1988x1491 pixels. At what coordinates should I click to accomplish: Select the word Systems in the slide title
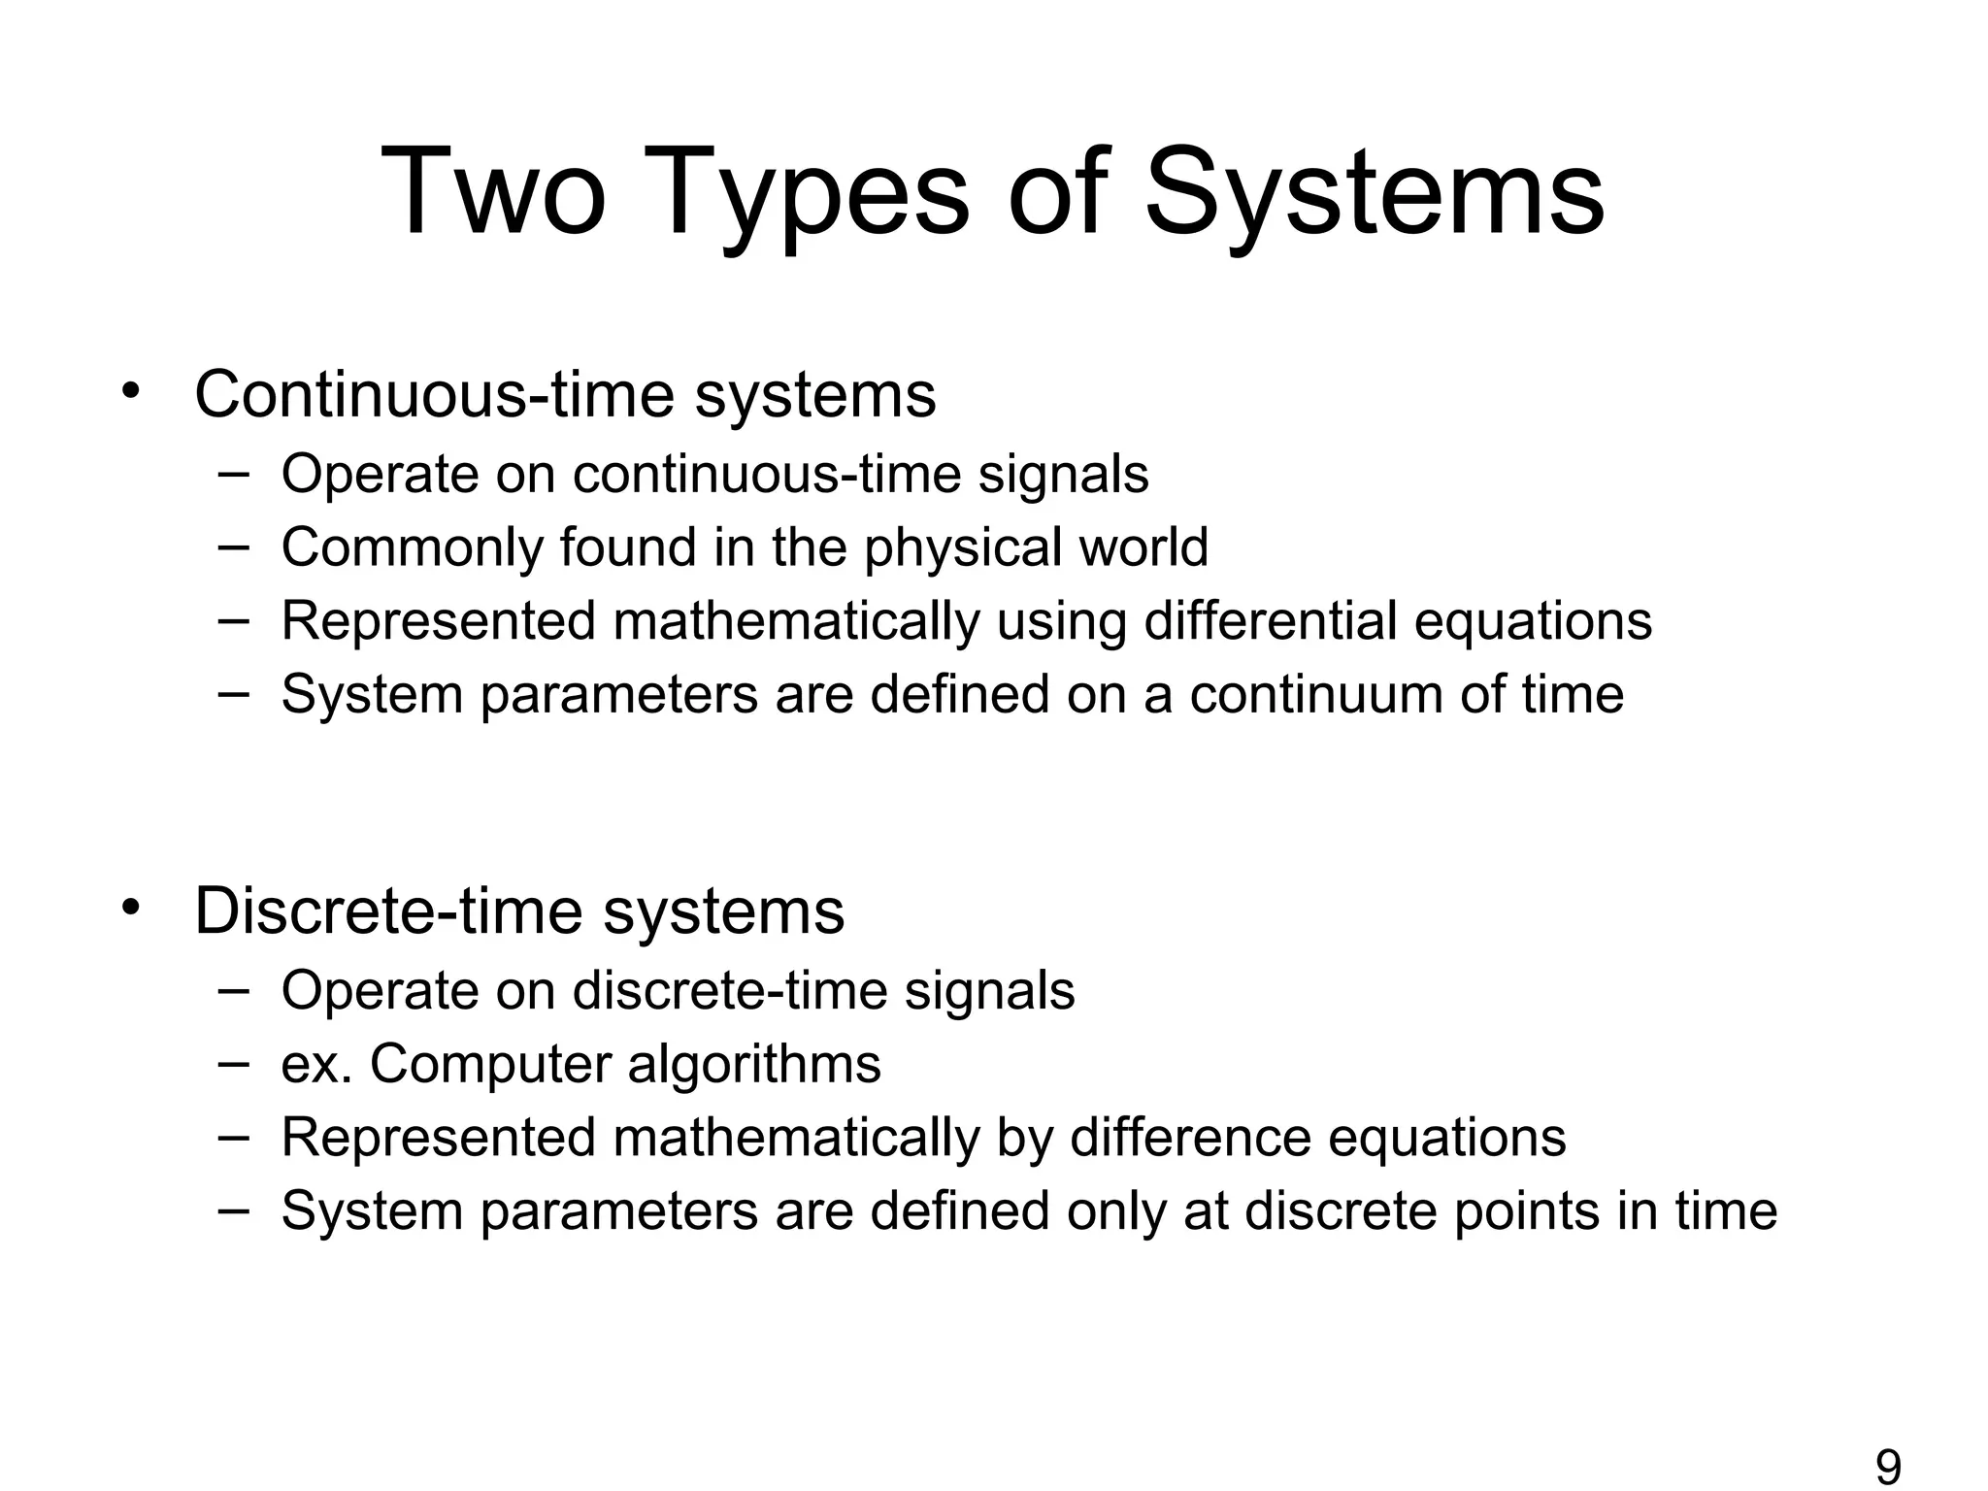1375,194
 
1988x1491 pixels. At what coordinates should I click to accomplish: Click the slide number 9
1888,1467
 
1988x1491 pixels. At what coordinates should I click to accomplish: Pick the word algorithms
754,1065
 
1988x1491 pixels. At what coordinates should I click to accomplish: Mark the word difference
1190,1138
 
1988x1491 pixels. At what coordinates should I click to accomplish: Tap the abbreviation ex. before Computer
316,1065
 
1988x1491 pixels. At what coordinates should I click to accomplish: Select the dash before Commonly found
233,545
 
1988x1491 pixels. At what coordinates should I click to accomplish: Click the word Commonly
412,547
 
